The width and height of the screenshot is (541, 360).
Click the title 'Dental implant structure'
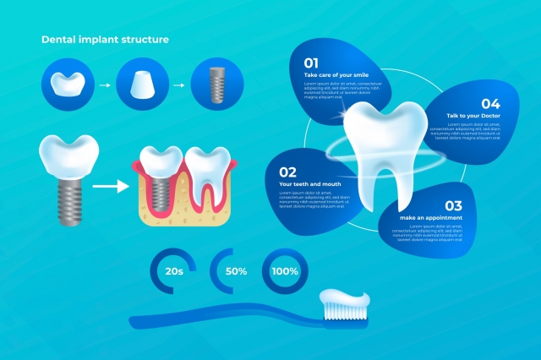105,39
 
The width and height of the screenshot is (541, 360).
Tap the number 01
311,63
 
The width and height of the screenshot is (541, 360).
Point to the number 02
287,171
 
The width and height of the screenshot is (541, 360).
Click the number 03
453,205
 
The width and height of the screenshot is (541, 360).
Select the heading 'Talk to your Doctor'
464,115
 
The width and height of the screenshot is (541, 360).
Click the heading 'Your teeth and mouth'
310,183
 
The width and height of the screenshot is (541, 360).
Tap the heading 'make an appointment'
431,217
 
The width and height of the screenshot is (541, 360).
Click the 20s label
175,271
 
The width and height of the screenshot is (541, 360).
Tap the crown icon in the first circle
66,85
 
